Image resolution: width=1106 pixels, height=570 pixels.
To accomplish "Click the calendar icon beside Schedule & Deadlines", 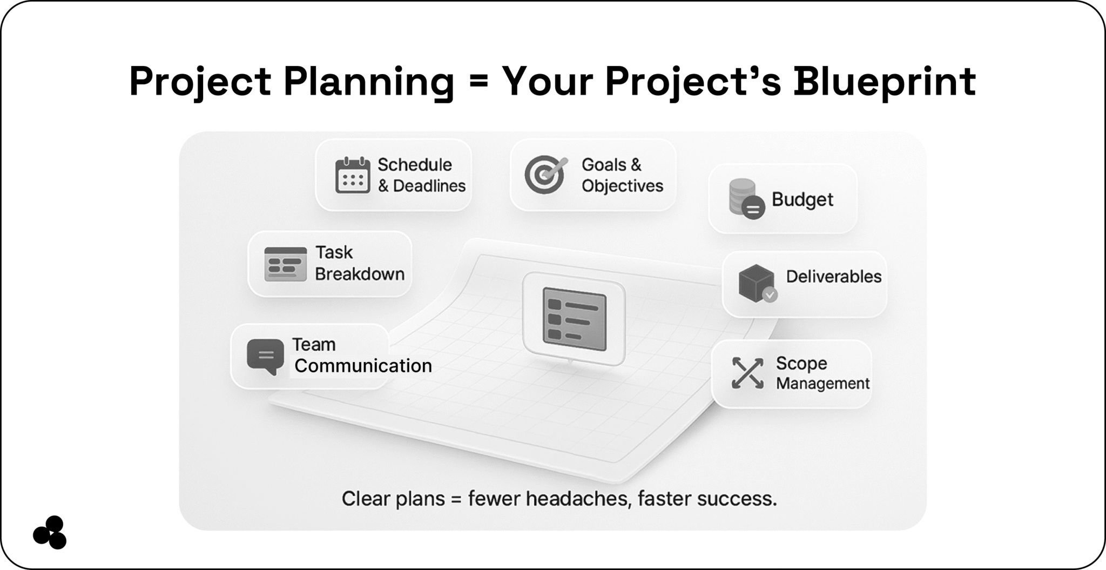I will [353, 175].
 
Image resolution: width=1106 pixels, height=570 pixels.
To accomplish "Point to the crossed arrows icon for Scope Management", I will [747, 373].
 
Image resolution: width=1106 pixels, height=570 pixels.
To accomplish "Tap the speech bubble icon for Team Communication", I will [265, 356].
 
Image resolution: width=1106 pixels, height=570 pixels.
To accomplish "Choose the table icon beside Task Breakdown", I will [286, 264].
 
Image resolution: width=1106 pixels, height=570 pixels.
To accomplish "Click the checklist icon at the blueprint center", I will [574, 319].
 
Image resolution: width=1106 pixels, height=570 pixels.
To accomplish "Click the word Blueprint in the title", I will [884, 82].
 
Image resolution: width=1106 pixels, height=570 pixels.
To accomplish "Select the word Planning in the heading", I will [369, 82].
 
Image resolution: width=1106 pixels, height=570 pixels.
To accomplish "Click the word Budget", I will [802, 199].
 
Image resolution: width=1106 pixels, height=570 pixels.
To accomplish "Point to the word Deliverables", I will [833, 277].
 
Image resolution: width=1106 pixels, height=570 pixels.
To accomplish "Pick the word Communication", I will [363, 366].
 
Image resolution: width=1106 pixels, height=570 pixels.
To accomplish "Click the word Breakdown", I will [360, 274].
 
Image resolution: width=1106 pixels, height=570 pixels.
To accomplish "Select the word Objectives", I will [622, 186].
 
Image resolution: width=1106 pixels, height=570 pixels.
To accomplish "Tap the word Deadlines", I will [429, 186].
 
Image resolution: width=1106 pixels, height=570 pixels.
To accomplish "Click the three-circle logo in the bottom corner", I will [50, 532].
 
